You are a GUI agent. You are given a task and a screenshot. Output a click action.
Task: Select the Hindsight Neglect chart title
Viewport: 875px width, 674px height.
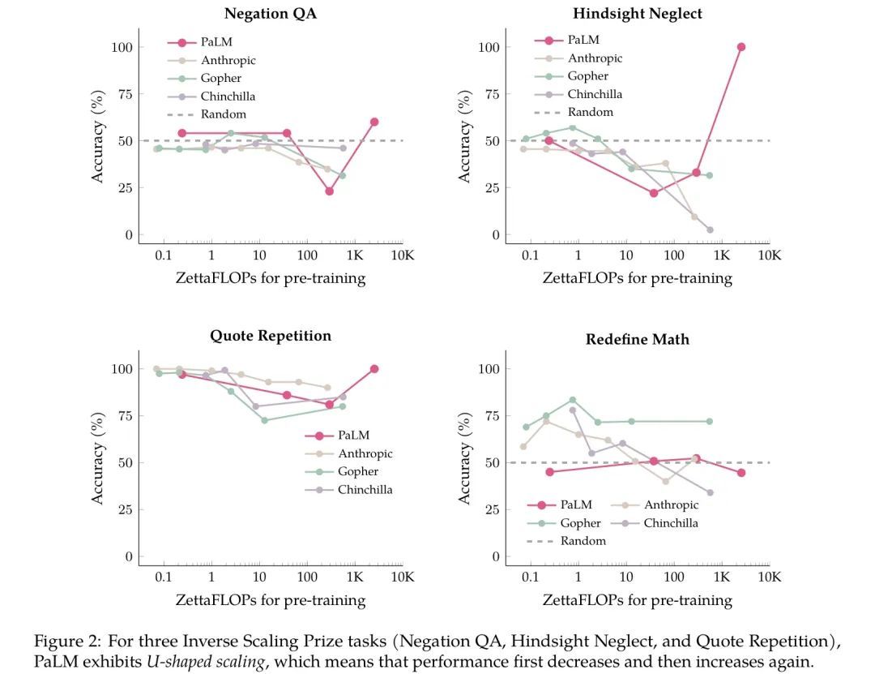(x=638, y=13)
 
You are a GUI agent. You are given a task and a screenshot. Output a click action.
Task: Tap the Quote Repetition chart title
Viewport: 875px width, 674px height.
(x=270, y=336)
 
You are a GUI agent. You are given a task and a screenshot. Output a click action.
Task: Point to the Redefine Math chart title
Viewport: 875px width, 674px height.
(x=638, y=339)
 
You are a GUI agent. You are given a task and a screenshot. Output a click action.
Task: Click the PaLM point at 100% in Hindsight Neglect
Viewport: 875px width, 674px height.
(x=741, y=47)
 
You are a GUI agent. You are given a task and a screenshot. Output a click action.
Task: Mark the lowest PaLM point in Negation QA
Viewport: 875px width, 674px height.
(x=330, y=191)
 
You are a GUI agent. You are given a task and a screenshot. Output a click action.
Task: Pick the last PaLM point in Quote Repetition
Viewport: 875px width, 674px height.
(x=374, y=369)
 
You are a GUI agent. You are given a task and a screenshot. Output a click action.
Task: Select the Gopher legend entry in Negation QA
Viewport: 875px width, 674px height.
(x=220, y=79)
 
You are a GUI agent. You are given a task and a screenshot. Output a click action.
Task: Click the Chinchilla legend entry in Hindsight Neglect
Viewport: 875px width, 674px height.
(x=594, y=94)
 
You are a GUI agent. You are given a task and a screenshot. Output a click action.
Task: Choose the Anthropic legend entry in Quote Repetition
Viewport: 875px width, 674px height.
(x=365, y=454)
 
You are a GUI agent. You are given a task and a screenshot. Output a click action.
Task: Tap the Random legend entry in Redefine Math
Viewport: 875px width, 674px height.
(x=583, y=541)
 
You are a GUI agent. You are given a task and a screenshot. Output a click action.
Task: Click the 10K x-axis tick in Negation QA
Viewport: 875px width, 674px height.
(x=403, y=256)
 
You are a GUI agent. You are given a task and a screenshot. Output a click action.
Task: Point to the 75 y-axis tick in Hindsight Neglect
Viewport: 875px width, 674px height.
(x=488, y=94)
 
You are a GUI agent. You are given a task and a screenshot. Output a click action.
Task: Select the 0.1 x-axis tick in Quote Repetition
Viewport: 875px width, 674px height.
(x=163, y=578)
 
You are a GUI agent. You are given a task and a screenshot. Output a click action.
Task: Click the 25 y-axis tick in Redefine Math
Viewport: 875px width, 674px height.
(x=488, y=510)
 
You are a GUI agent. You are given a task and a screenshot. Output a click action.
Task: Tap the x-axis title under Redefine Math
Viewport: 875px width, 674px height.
(x=637, y=600)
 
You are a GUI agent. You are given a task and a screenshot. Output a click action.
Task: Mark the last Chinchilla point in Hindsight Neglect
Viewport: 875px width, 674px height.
(x=710, y=230)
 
